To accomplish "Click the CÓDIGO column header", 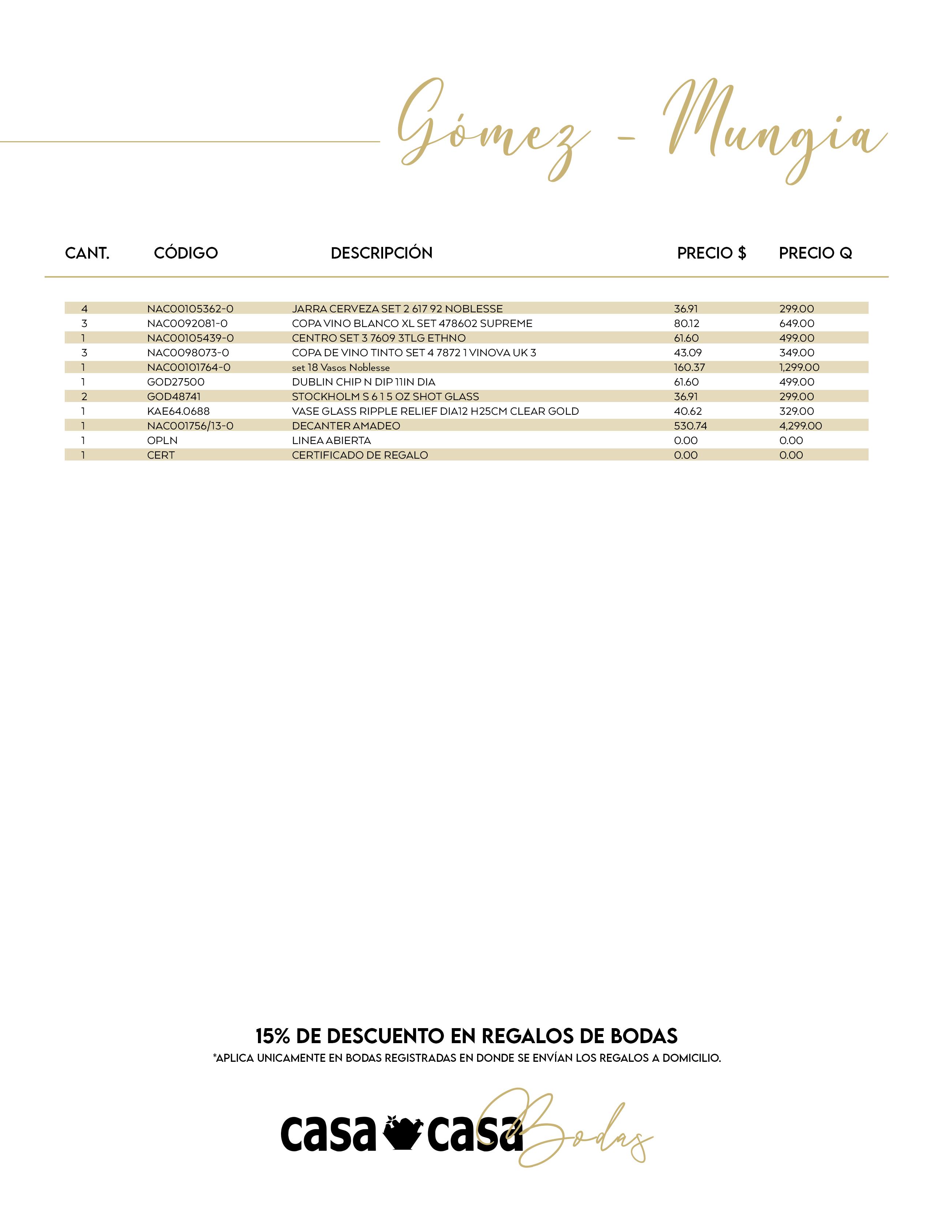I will click(x=186, y=253).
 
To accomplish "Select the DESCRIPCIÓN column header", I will click(x=381, y=253).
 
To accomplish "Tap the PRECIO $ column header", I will click(x=711, y=253).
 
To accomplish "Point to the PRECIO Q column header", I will click(x=815, y=253).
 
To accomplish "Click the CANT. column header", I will click(x=87, y=253).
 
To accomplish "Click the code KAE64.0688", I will click(x=179, y=411).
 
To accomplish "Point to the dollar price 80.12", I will click(x=686, y=323).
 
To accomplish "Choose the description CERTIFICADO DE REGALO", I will click(x=360, y=455).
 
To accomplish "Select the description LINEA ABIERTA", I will click(x=331, y=440).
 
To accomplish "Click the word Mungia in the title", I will click(x=774, y=133).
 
